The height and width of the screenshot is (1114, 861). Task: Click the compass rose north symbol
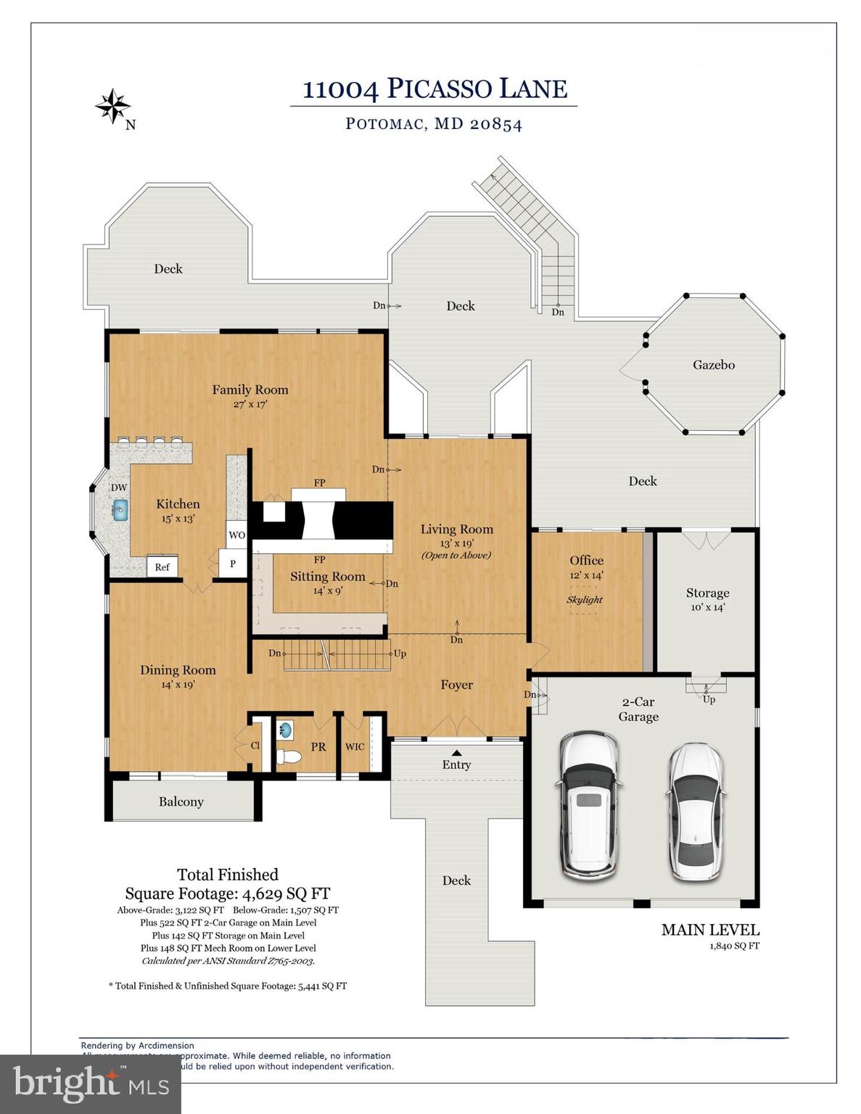point(113,107)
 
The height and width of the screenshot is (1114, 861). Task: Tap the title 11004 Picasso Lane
point(434,89)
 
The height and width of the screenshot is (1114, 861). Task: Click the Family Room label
point(250,390)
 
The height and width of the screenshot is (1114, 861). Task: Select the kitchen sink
point(120,510)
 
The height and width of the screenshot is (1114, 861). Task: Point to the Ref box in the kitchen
point(162,567)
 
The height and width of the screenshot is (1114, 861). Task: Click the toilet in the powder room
point(288,756)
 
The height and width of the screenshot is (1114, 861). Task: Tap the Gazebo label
point(713,365)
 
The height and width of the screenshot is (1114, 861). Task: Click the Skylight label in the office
point(585,600)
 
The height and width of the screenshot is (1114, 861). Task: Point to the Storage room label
point(707,593)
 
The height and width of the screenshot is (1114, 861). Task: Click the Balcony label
point(181,801)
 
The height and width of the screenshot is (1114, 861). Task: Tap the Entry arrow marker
point(456,752)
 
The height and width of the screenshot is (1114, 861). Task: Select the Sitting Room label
point(327,577)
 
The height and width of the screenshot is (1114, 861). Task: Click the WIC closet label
point(355,747)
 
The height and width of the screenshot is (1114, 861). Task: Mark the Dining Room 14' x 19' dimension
point(178,685)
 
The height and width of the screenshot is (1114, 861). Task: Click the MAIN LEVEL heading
point(710,930)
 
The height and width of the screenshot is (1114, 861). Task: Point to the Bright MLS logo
point(91,1084)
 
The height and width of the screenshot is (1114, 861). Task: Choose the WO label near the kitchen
point(236,535)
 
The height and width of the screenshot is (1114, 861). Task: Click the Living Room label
point(456,529)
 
